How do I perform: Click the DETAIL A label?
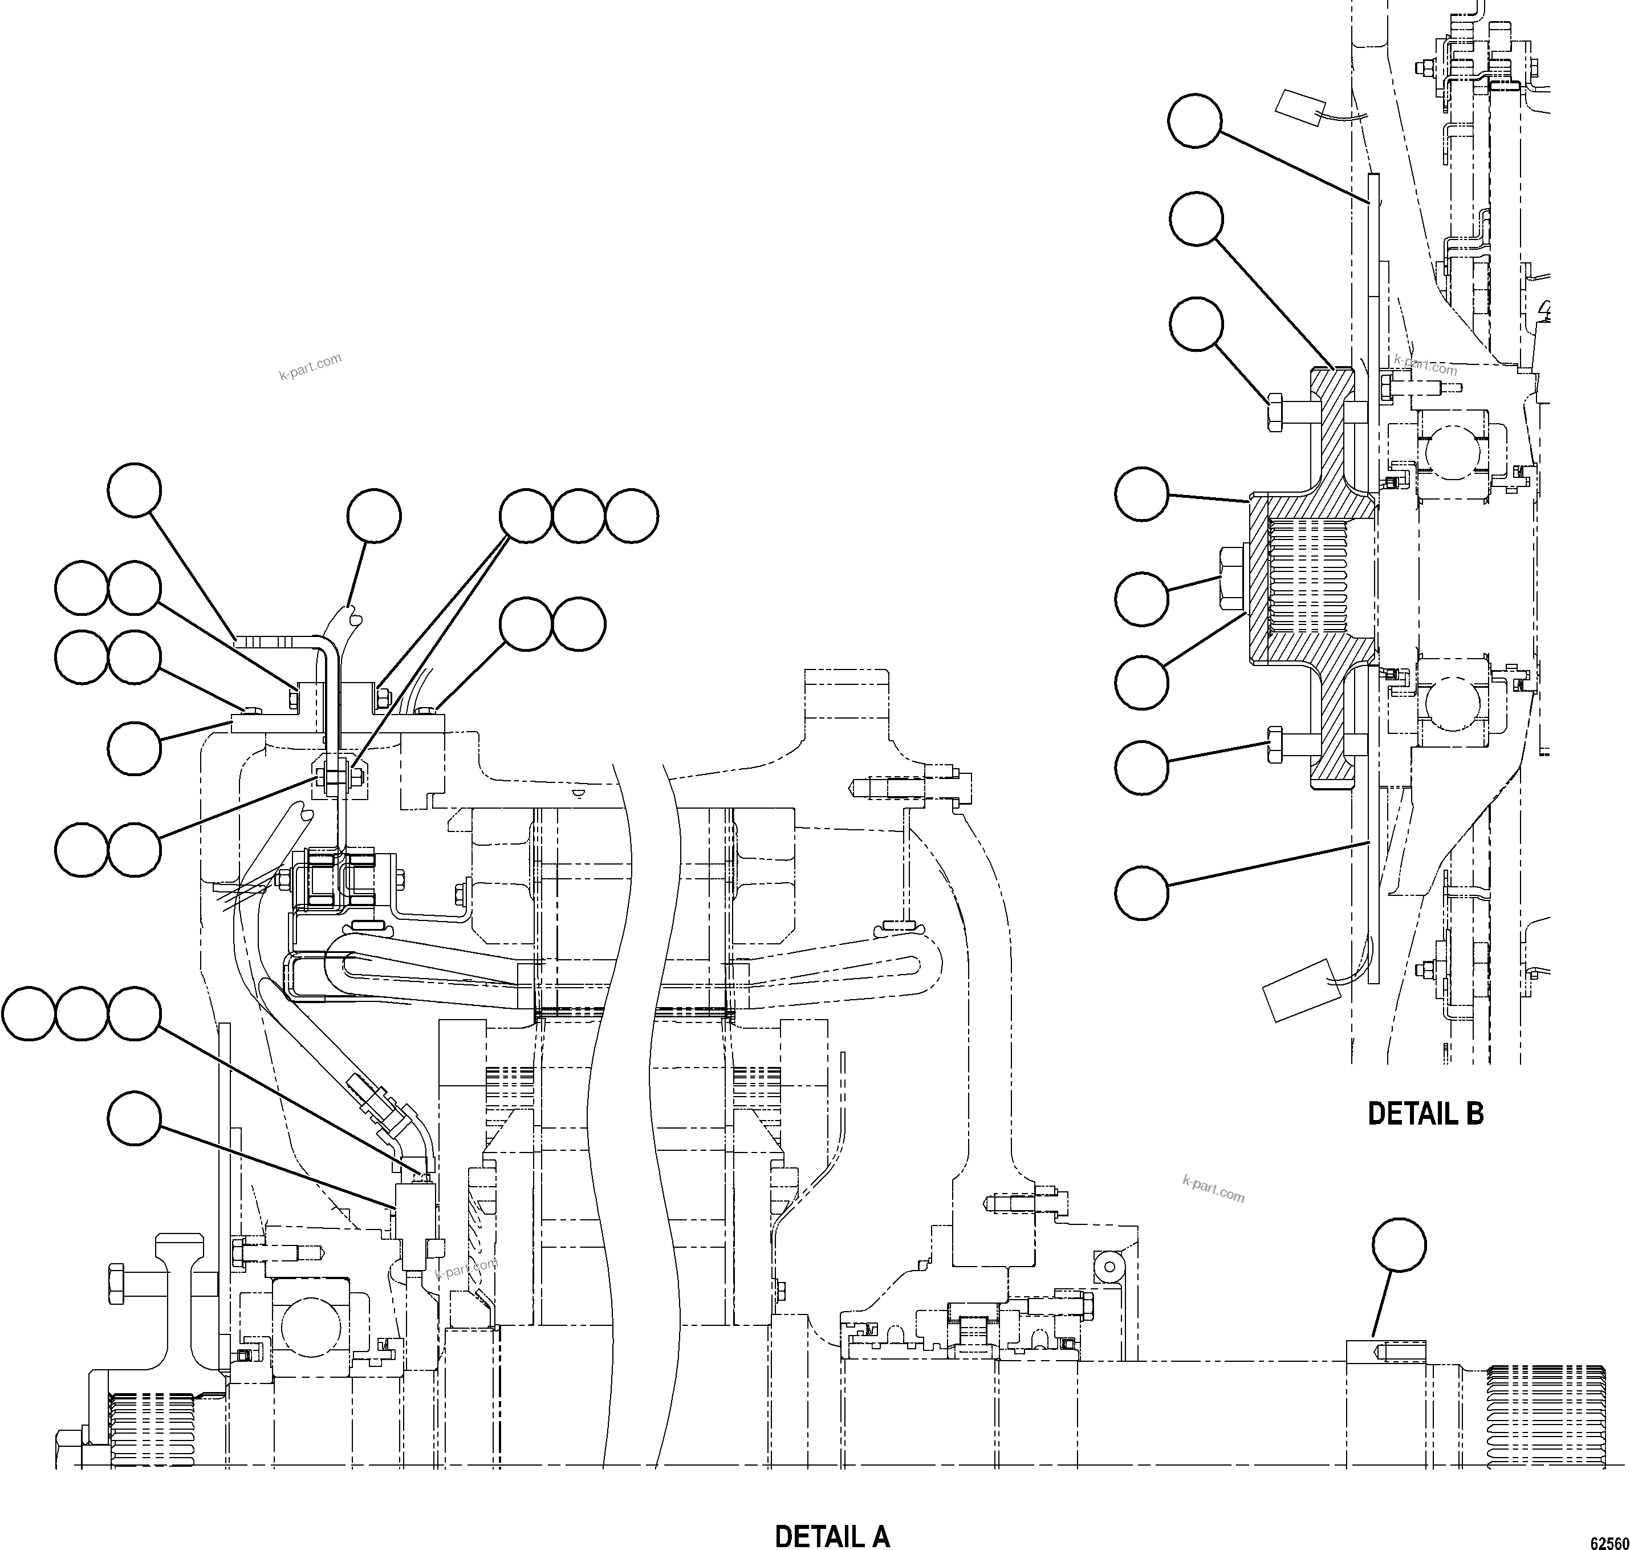(x=832, y=1535)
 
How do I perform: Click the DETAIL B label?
(x=1425, y=1114)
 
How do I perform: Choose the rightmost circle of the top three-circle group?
(x=631, y=516)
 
